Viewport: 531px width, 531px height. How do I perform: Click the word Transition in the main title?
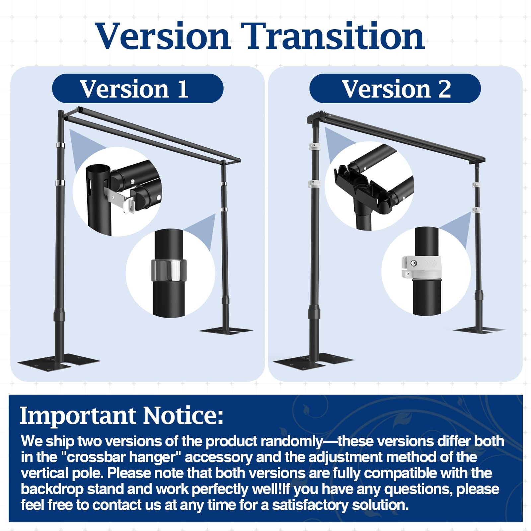point(333,36)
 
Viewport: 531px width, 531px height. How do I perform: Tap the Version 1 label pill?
point(138,89)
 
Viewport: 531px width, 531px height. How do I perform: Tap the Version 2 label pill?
point(395,89)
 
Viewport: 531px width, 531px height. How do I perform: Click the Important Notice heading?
point(121,415)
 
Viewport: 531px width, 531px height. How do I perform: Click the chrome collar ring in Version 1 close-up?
point(169,270)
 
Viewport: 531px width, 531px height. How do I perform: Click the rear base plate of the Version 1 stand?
point(226,330)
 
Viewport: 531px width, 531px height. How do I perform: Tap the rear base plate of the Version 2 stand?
point(479,330)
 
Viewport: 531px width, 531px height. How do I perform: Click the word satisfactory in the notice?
point(310,505)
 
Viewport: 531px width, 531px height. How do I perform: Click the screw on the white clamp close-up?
point(414,263)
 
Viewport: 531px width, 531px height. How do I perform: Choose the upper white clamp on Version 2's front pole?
point(315,146)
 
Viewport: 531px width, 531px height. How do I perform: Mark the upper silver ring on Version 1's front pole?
point(60,145)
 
